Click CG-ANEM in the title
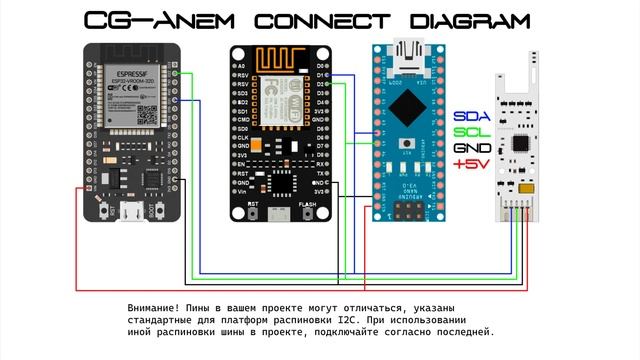coord(141,21)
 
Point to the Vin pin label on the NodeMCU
coord(243,193)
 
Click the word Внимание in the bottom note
coord(155,307)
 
